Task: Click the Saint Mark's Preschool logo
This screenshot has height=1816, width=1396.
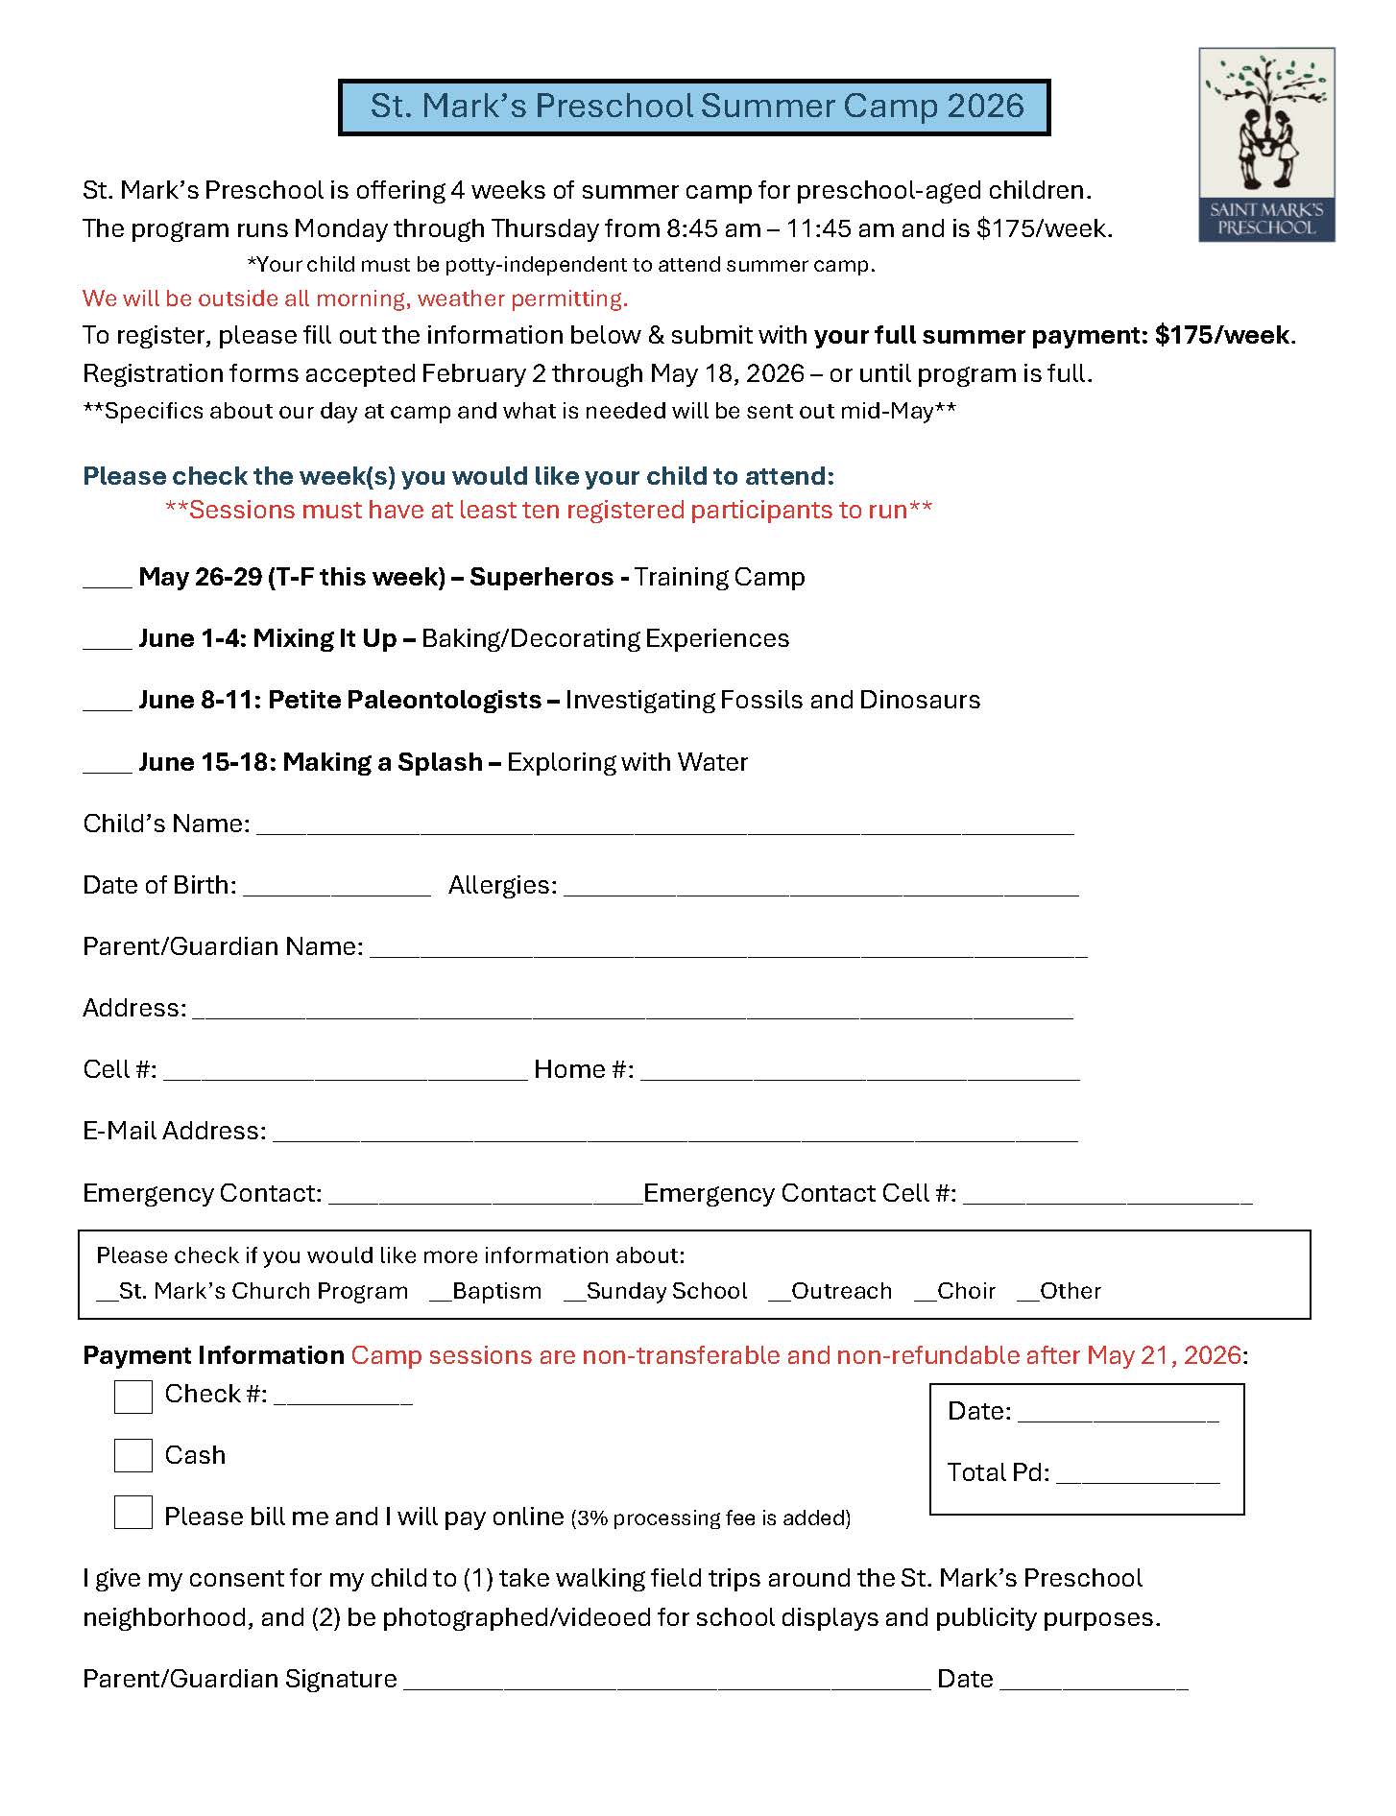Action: pyautogui.click(x=1265, y=144)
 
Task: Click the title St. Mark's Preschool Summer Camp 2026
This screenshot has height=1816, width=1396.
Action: pyautogui.click(x=695, y=107)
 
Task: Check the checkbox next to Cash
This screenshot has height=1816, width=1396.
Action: pyautogui.click(x=133, y=1455)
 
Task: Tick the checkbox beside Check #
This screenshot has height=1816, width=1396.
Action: pyautogui.click(x=133, y=1397)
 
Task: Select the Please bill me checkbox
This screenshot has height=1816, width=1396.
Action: pyautogui.click(x=133, y=1513)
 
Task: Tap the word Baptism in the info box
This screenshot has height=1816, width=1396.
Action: pyautogui.click(x=496, y=1291)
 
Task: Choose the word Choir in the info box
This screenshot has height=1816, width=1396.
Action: pyautogui.click(x=966, y=1291)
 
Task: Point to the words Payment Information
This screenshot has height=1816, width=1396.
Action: pyautogui.click(x=213, y=1355)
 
